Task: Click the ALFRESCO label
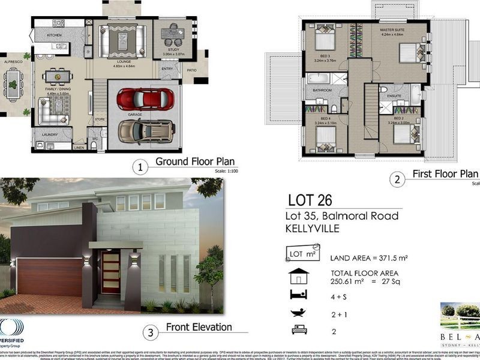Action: [x=13, y=62]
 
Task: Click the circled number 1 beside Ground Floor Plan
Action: [x=140, y=167]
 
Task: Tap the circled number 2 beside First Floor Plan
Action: [x=396, y=179]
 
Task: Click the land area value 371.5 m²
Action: [x=386, y=258]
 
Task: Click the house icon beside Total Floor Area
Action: [x=298, y=276]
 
